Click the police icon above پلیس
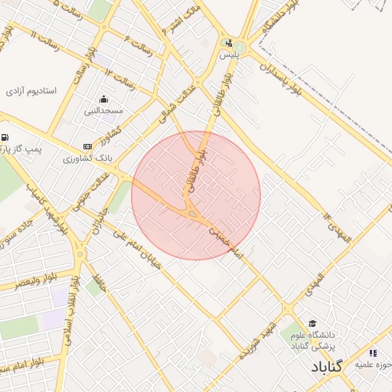point(229,43)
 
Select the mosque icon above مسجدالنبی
point(104,99)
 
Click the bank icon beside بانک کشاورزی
point(87,145)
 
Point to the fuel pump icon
point(6,139)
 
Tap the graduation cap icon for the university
point(312,324)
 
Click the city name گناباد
point(315,367)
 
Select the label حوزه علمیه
point(373,364)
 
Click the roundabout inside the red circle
point(191,214)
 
